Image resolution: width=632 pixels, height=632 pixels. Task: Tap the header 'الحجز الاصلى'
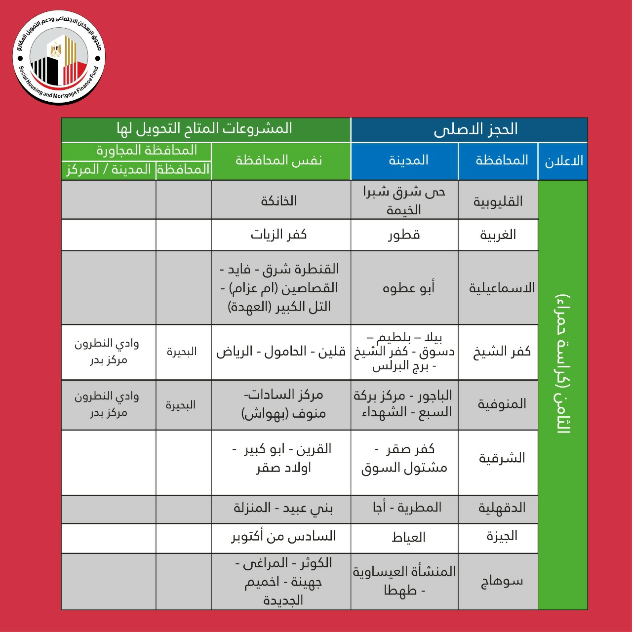(x=475, y=129)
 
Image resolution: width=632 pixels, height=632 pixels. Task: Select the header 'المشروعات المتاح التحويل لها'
(x=205, y=129)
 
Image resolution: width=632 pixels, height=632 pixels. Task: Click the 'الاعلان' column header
(x=563, y=161)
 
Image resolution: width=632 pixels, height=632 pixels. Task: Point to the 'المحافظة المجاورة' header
(x=147, y=150)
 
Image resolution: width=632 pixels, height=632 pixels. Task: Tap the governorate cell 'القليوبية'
(x=498, y=201)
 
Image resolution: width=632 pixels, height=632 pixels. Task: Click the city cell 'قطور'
(x=404, y=235)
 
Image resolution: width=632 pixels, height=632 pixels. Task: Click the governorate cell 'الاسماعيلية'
(x=502, y=288)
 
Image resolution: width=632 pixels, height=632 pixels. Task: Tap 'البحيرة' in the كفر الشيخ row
(x=182, y=352)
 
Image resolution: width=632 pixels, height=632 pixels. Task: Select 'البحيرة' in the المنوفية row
(x=181, y=405)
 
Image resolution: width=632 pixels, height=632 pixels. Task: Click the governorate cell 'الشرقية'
(x=502, y=458)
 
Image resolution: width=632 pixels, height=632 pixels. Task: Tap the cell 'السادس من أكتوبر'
(x=283, y=536)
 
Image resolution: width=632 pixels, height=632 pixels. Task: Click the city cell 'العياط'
(x=408, y=537)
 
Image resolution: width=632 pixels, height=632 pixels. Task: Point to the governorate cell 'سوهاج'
(x=502, y=581)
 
